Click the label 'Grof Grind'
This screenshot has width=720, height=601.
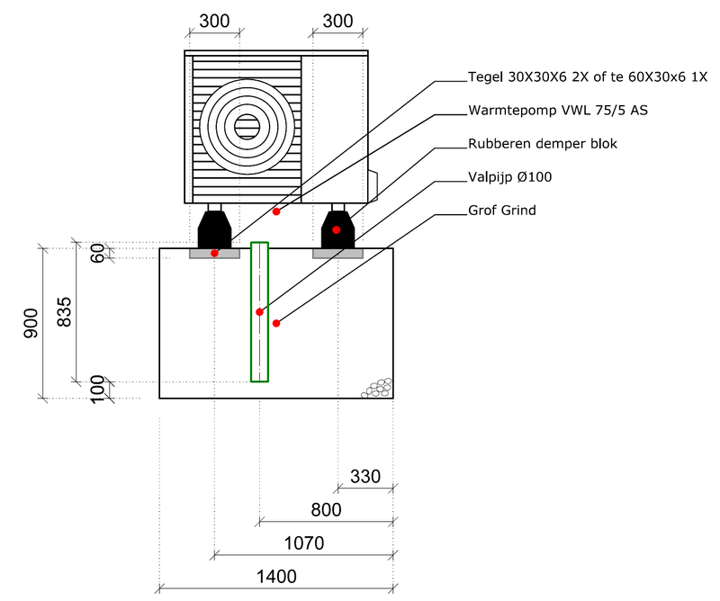pos(502,210)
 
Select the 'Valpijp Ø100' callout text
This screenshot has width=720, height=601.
pos(510,176)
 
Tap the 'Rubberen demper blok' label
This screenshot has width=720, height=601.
pos(543,143)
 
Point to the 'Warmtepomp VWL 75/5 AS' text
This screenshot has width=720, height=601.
pos(558,110)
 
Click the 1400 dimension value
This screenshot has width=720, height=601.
pos(275,577)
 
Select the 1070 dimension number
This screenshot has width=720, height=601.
pos(302,543)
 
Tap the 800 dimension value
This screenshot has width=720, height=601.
pos(326,510)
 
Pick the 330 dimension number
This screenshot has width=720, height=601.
pos(365,476)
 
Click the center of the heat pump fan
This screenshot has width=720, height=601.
pos(247,127)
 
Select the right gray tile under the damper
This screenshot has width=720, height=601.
pos(337,254)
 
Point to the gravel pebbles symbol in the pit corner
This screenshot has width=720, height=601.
pos(378,387)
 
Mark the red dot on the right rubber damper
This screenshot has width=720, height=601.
pos(336,230)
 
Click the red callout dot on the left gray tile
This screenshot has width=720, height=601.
pos(214,254)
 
